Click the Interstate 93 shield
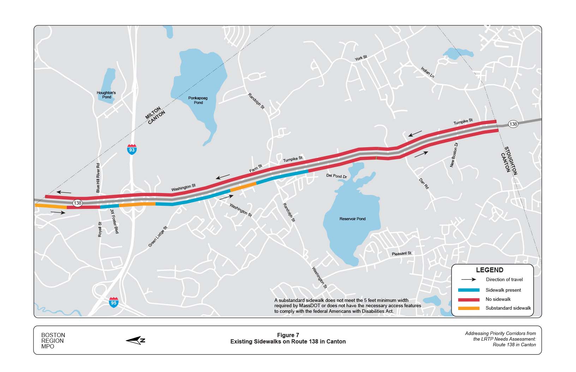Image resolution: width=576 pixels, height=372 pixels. click(132, 149)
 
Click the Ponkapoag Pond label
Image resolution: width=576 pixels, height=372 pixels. click(198, 100)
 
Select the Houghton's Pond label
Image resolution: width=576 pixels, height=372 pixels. click(106, 95)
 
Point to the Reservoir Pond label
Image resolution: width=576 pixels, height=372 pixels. click(352, 219)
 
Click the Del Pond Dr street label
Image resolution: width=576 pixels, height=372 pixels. click(336, 175)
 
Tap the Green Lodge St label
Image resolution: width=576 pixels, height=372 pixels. click(157, 236)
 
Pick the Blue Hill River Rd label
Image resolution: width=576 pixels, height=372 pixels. click(98, 178)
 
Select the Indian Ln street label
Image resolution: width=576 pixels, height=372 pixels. click(427, 73)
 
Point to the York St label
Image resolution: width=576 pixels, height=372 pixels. click(361, 58)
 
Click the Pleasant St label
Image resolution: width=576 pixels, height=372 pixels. click(402, 253)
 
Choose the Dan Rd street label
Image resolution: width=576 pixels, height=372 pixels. click(424, 184)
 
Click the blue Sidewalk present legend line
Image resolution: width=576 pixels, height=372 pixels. click(469, 290)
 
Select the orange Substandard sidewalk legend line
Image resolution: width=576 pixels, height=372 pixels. click(469, 308)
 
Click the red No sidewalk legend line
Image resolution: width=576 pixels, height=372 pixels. click(469, 299)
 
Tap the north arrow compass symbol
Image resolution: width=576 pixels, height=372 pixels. click(136, 340)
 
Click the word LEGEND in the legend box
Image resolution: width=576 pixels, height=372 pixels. click(490, 270)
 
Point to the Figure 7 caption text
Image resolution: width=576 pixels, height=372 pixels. click(288, 335)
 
